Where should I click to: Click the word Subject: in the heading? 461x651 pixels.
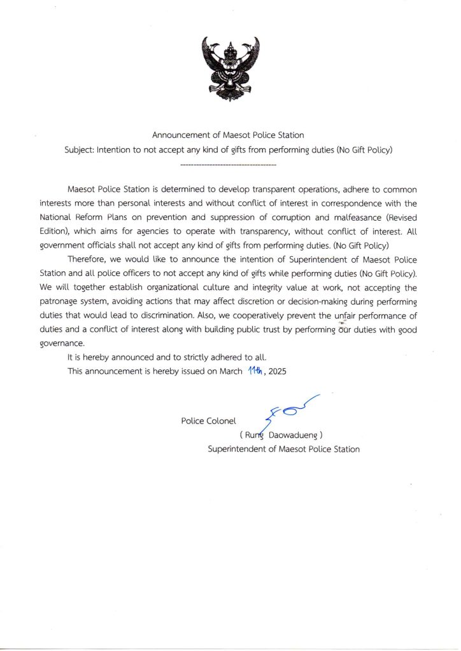(x=80, y=151)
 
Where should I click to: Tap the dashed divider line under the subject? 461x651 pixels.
(x=229, y=165)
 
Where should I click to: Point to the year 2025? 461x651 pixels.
(x=278, y=371)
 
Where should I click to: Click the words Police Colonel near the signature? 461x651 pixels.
(x=209, y=421)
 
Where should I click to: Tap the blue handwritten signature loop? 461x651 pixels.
(x=290, y=412)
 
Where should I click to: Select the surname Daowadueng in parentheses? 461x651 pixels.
(x=294, y=435)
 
